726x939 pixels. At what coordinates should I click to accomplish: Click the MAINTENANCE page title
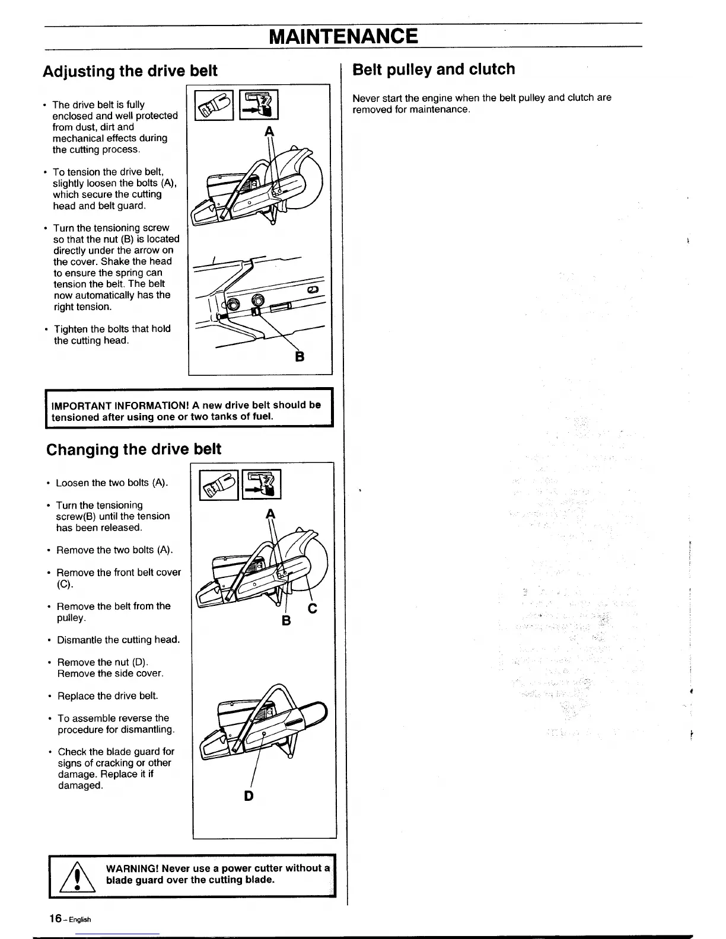click(x=343, y=36)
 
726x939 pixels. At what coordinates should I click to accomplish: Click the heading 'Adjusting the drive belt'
click(x=130, y=71)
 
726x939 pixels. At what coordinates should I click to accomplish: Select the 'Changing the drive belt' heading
click(x=133, y=449)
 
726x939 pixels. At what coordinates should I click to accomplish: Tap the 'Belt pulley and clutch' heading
click(x=434, y=69)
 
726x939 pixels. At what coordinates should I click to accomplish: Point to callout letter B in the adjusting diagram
click(x=300, y=357)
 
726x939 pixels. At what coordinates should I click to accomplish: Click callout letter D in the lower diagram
click(x=249, y=796)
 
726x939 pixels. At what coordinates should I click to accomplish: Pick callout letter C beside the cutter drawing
click(x=313, y=608)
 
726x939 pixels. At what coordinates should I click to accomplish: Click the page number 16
click(x=56, y=918)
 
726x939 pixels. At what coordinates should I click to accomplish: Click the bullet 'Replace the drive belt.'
click(x=107, y=695)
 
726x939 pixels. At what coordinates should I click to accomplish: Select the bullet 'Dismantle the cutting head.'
click(x=118, y=640)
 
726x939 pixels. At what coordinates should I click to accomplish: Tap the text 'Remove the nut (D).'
click(x=103, y=662)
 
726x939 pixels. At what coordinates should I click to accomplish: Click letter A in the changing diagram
click(x=271, y=513)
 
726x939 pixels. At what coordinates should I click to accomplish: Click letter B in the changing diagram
click(x=286, y=621)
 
